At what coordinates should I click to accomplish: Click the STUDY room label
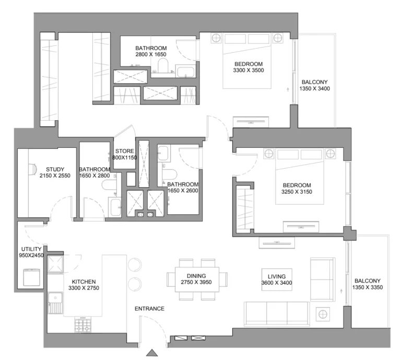pyautogui.click(x=55, y=169)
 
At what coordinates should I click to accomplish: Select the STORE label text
pyautogui.click(x=125, y=151)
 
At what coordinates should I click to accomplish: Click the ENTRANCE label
pyautogui.click(x=149, y=309)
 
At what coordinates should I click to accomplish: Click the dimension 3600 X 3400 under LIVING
pyautogui.click(x=276, y=283)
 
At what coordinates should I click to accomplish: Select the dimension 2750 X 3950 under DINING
pyautogui.click(x=196, y=283)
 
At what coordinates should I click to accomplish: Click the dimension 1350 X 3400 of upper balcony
pyautogui.click(x=314, y=89)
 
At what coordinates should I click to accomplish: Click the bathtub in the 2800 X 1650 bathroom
pyautogui.click(x=185, y=72)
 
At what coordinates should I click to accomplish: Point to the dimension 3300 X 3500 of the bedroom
pyautogui.click(x=248, y=71)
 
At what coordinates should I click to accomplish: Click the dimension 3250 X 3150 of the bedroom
pyautogui.click(x=297, y=192)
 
